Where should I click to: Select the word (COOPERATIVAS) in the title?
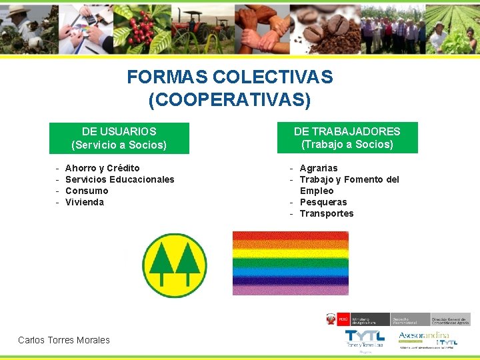(230, 100)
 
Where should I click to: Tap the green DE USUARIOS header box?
(119, 138)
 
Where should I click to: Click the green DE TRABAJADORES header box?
(347, 137)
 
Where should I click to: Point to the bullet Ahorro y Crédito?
(102, 168)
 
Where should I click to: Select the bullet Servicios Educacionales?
(119, 179)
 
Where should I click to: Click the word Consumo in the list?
(87, 191)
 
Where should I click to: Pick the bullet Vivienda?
(85, 202)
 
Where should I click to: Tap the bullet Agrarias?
(319, 168)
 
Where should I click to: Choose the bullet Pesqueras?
(323, 202)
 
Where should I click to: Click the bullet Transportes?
(327, 213)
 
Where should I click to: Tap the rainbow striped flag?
(290, 263)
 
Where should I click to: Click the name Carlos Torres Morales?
(64, 340)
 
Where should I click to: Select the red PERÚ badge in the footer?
(343, 319)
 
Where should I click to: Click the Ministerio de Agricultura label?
(369, 319)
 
